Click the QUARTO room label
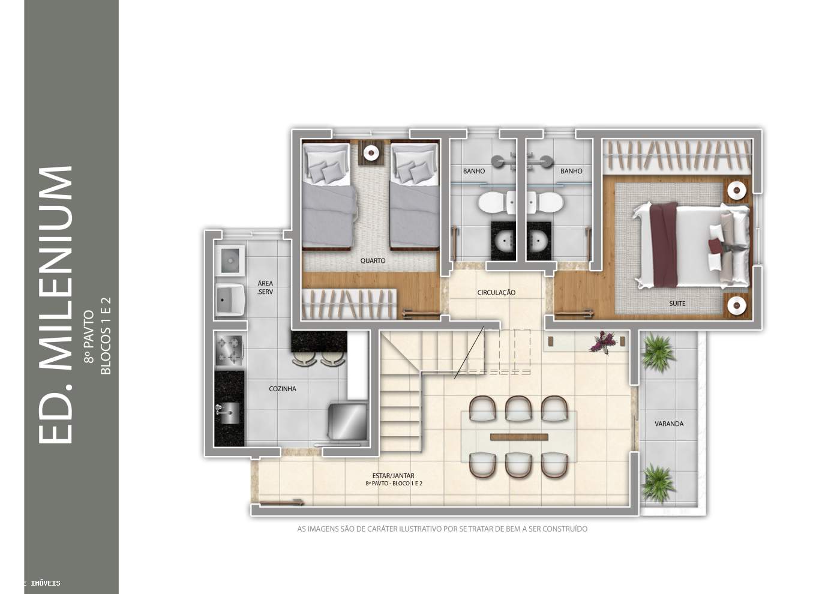pyautogui.click(x=373, y=260)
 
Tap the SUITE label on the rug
pyautogui.click(x=677, y=304)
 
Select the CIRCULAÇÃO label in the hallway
pyautogui.click(x=496, y=292)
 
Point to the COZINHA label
pyautogui.click(x=283, y=389)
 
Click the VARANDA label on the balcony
pyautogui.click(x=669, y=424)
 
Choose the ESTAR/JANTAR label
pyautogui.click(x=394, y=475)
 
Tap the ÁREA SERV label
pyautogui.click(x=265, y=287)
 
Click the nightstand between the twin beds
pyautogui.click(x=371, y=152)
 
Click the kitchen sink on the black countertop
pyautogui.click(x=228, y=413)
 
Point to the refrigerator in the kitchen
pyautogui.click(x=347, y=421)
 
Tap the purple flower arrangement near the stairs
pyautogui.click(x=603, y=341)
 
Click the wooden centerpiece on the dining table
pyautogui.click(x=519, y=437)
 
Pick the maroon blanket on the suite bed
pyautogui.click(x=664, y=244)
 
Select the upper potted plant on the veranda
pyautogui.click(x=658, y=352)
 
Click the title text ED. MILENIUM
pyautogui.click(x=55, y=305)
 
